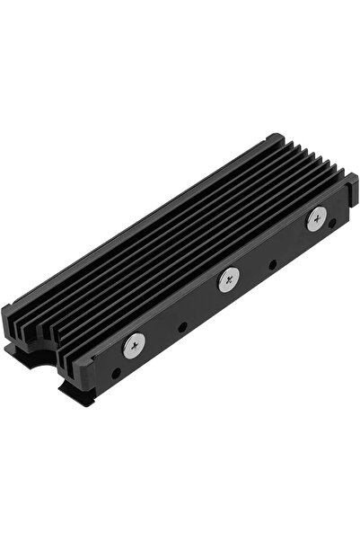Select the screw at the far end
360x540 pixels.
click(316, 221)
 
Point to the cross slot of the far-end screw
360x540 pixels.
click(316, 221)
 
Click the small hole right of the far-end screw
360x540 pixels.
click(333, 222)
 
